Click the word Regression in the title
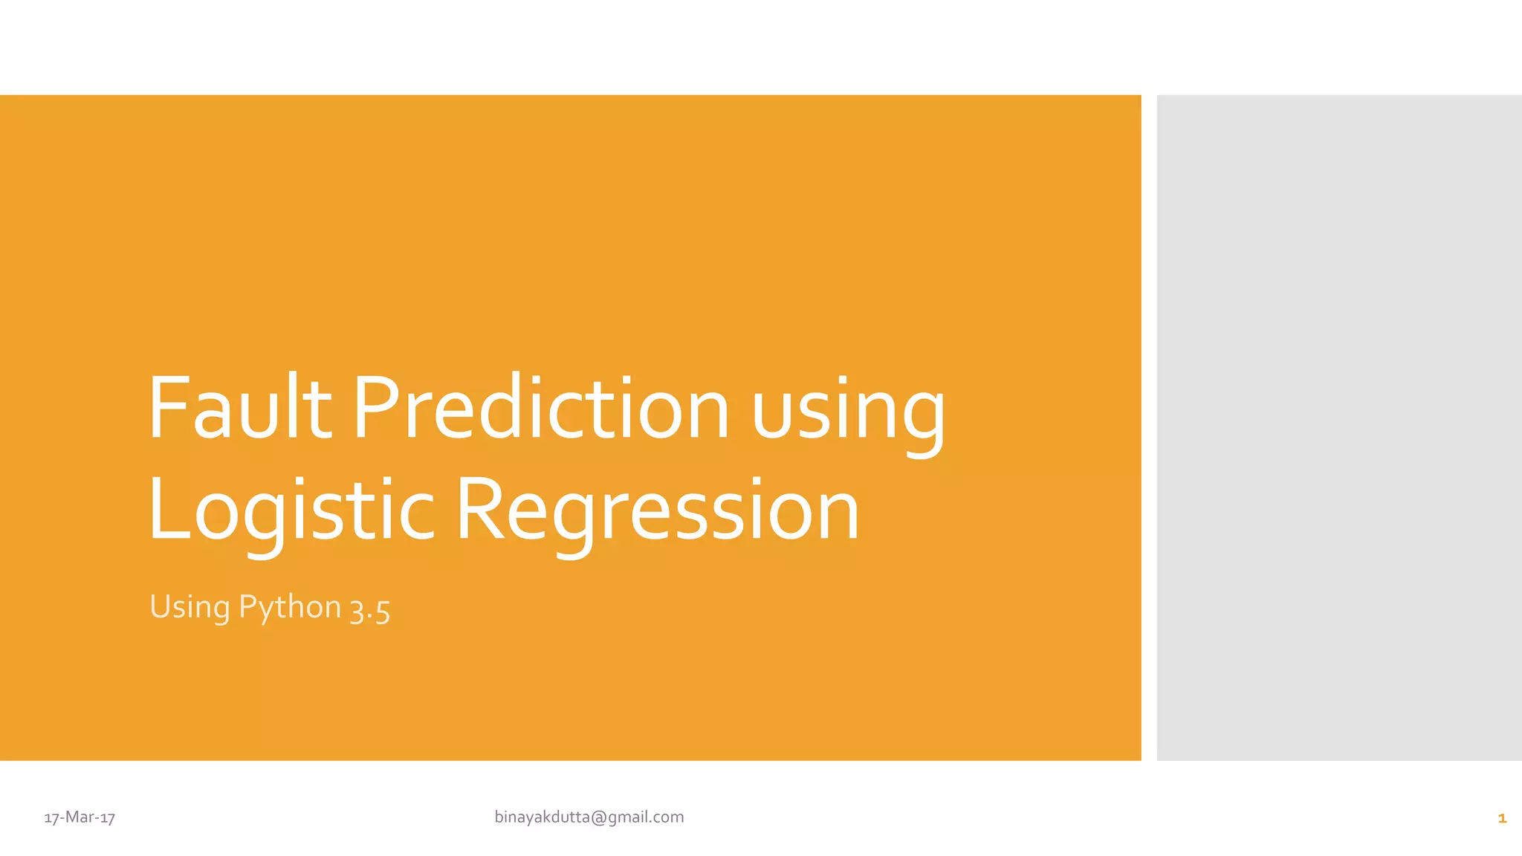[658, 511]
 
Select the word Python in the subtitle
[290, 608]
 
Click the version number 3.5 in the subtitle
[370, 609]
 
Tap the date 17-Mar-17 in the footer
[80, 817]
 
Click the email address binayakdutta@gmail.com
[589, 817]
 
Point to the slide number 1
[1502, 818]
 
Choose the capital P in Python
[247, 606]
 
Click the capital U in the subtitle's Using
[160, 606]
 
